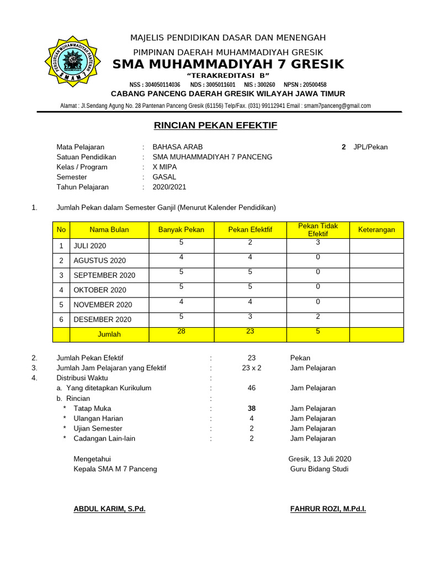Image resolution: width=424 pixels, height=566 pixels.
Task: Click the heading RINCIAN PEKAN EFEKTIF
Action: [x=215, y=126]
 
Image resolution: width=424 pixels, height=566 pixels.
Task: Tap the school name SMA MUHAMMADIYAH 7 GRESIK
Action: [x=228, y=64]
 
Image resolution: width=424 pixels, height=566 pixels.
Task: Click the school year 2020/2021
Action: [x=169, y=187]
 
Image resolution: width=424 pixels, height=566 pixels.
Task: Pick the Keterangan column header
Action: [x=377, y=230]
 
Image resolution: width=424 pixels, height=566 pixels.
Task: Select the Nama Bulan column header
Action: [x=109, y=230]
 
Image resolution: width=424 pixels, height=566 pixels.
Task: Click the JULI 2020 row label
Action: [x=89, y=246]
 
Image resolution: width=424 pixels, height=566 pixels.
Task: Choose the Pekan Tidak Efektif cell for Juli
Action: [x=318, y=243]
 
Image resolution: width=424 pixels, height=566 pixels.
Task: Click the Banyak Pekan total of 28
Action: [x=181, y=331]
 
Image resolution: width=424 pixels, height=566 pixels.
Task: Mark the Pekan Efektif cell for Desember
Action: [x=250, y=316]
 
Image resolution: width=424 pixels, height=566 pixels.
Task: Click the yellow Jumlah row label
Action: [x=109, y=334]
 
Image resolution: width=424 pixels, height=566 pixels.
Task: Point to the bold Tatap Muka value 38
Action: [x=252, y=408]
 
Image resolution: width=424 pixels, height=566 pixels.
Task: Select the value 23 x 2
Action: [x=252, y=368]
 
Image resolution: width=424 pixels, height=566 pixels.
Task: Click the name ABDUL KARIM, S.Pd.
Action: [x=109, y=509]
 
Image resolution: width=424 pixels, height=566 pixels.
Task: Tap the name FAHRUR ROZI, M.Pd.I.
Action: [x=328, y=509]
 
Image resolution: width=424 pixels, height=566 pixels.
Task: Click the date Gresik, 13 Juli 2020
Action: [x=320, y=459]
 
